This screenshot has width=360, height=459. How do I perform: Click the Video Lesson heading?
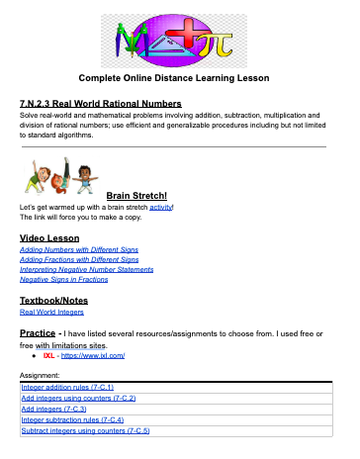(55, 238)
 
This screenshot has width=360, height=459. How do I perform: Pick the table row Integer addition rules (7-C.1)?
(67, 388)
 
